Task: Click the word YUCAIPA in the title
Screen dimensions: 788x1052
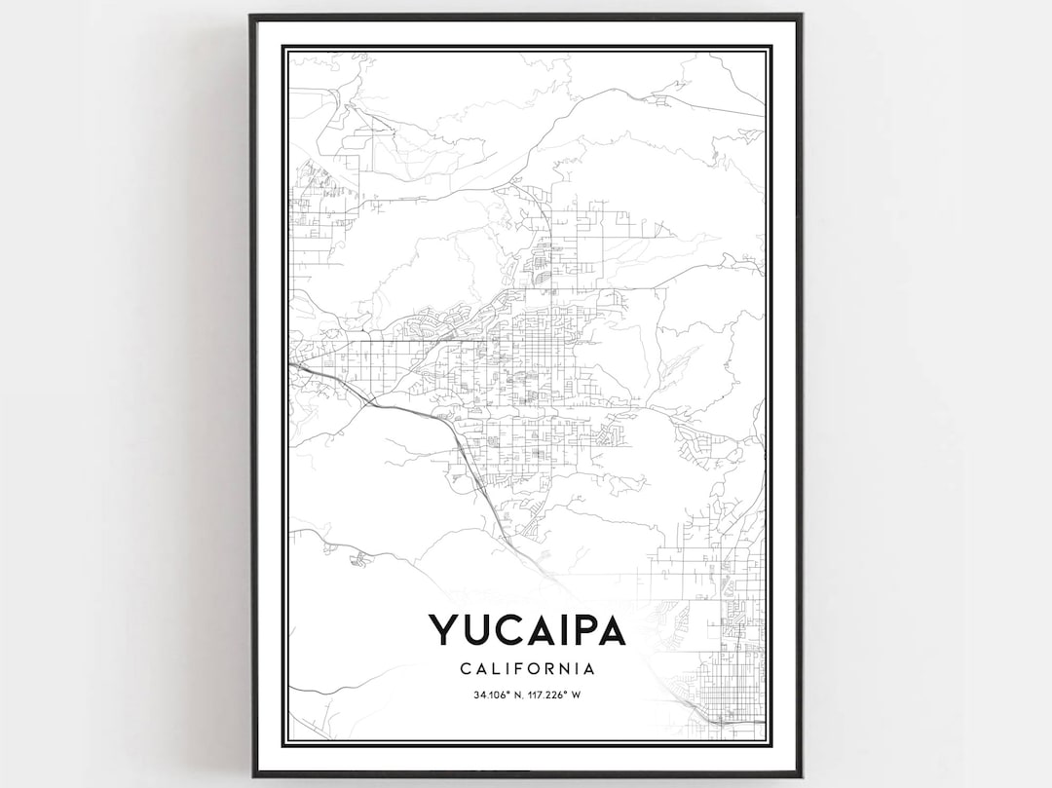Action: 526,629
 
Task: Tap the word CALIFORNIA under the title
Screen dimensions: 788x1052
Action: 526,669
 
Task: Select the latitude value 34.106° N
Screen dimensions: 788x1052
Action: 497,694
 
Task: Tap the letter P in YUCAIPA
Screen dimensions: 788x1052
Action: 580,629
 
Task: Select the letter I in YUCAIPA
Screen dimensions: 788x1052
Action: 558,629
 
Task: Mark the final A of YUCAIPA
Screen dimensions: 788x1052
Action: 610,629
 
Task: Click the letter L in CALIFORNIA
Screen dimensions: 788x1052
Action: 494,669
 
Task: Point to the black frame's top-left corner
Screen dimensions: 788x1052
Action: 251,16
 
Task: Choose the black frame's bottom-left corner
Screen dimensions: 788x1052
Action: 252,775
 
